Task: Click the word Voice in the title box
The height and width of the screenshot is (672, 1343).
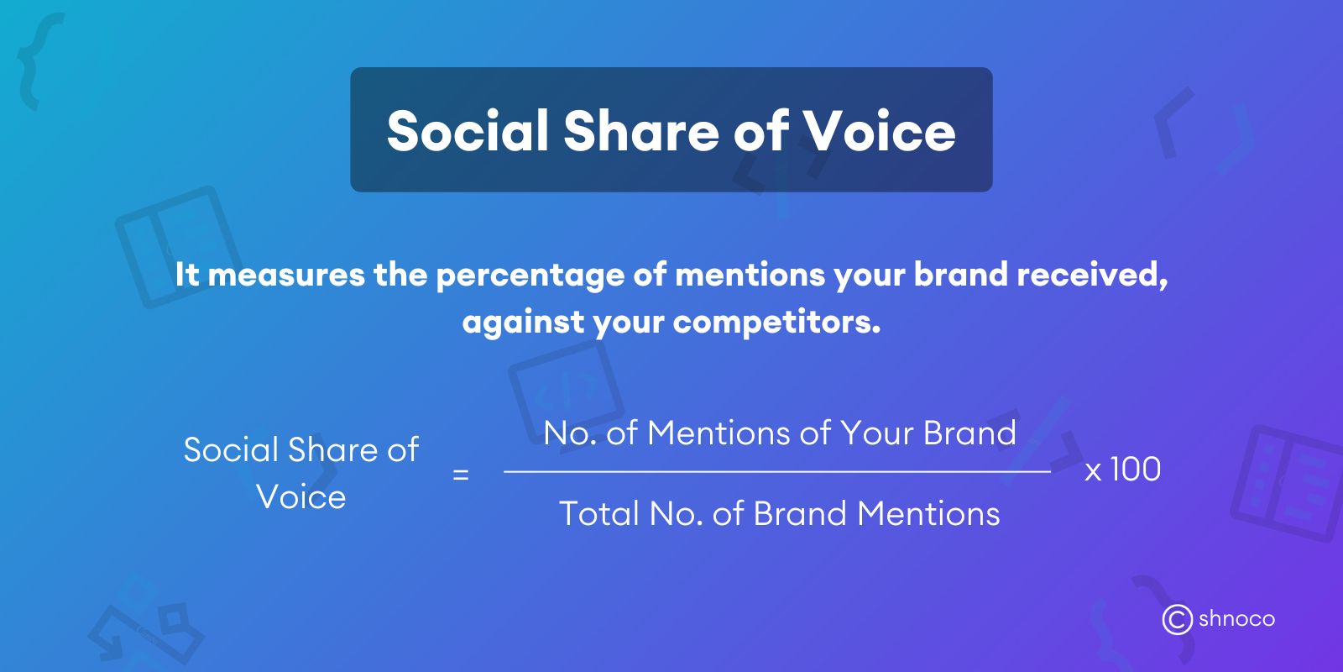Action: (x=880, y=131)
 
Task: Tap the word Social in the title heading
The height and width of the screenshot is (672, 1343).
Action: (x=467, y=131)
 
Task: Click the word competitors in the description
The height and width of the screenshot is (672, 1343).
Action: (x=776, y=322)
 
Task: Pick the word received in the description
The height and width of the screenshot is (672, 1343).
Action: (x=1091, y=275)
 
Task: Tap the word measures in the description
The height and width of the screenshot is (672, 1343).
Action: (x=286, y=275)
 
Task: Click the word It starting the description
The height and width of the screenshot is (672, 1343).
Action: (x=187, y=275)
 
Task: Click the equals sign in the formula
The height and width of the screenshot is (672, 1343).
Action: (x=460, y=475)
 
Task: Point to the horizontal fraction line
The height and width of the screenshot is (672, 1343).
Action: (x=776, y=472)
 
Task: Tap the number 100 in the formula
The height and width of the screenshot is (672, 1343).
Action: (x=1135, y=470)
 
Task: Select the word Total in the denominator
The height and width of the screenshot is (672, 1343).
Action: (x=598, y=513)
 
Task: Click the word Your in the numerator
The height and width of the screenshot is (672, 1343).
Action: (x=877, y=433)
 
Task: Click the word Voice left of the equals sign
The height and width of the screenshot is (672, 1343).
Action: (x=301, y=496)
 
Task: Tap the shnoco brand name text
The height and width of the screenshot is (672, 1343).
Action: (x=1236, y=619)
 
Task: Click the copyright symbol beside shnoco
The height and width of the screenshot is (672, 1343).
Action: (x=1177, y=619)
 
